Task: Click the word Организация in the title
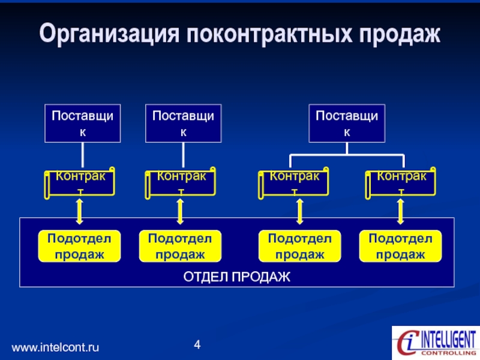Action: click(109, 34)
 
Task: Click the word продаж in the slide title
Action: click(400, 35)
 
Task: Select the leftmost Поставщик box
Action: click(83, 124)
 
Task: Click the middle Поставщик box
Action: click(184, 124)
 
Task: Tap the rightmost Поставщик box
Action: click(347, 124)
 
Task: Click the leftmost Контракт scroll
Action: click(80, 183)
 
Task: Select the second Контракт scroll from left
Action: click(181, 183)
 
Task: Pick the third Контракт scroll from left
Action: click(293, 183)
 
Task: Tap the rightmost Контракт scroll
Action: click(400, 183)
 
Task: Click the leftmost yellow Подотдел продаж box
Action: click(79, 246)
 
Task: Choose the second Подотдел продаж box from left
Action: click(180, 246)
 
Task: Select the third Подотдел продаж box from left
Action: click(299, 246)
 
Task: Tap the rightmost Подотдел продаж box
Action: click(400, 246)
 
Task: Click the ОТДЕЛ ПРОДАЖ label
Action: click(236, 277)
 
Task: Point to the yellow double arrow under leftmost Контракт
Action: click(80, 212)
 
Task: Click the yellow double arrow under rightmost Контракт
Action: click(400, 212)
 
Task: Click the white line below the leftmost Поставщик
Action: click(83, 155)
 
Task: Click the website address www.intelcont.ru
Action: click(55, 347)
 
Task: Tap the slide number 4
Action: click(197, 344)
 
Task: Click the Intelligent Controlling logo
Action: click(436, 343)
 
